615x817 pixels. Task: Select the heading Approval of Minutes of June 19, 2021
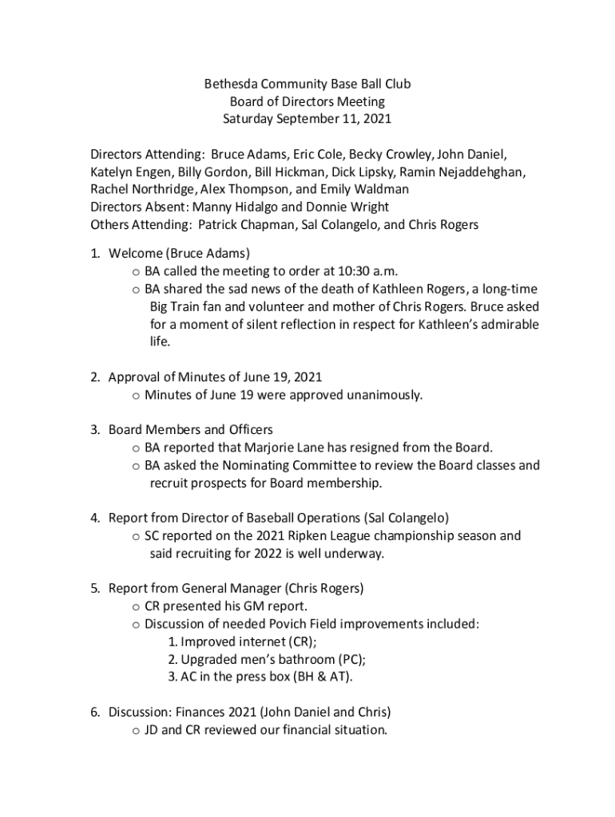pyautogui.click(x=215, y=377)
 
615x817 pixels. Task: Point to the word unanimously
pyautogui.click(x=380, y=394)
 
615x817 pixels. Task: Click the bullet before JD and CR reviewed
pyautogui.click(x=137, y=730)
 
